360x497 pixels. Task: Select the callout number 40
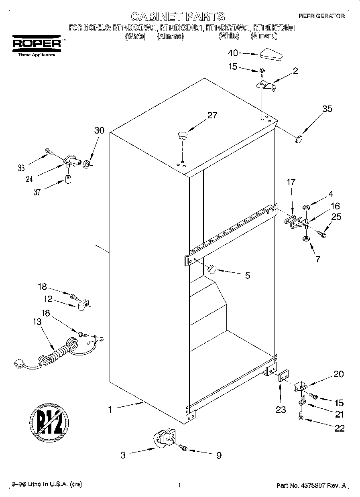coord(233,53)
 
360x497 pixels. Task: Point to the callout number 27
coord(212,116)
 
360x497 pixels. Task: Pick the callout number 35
coord(327,108)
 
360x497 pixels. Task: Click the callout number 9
coord(219,455)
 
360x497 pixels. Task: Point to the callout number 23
coord(281,410)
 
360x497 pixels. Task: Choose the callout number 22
coord(340,428)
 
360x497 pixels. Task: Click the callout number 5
coord(248,275)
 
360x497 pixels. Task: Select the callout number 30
coord(99,130)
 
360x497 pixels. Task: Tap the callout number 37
coord(37,192)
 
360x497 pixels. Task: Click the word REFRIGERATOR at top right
coord(321,16)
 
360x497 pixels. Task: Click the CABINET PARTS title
coord(178,16)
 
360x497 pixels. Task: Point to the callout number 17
coord(291,182)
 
